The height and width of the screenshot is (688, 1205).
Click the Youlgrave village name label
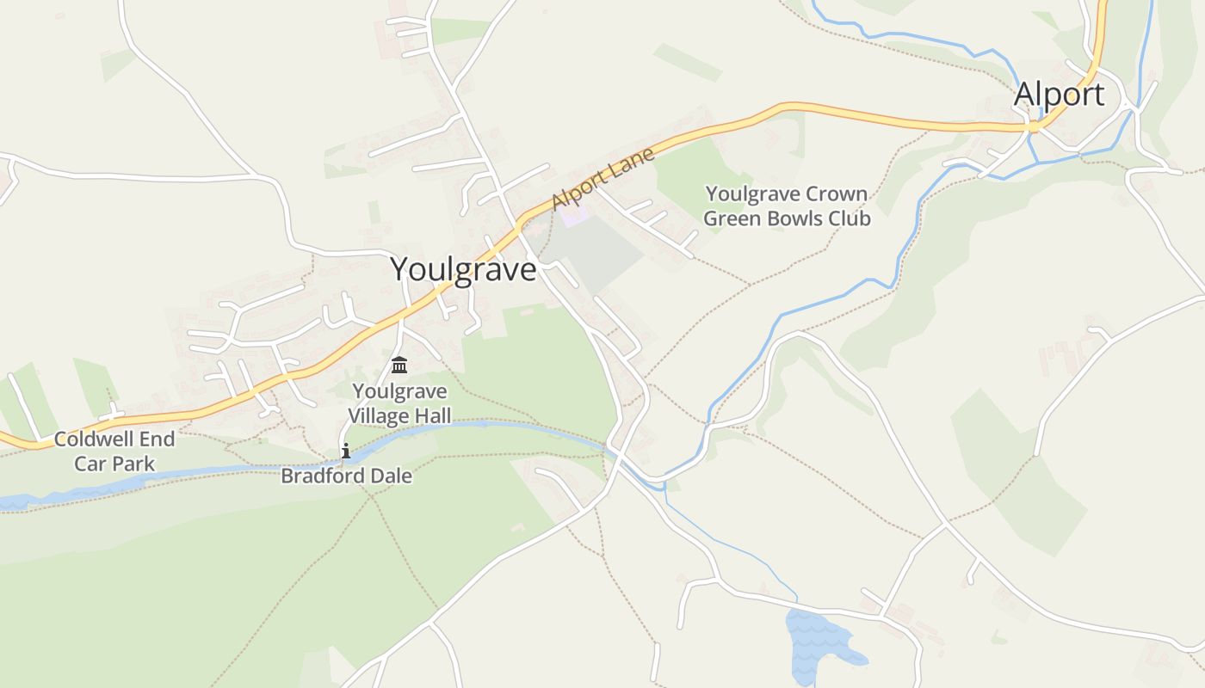coord(463,270)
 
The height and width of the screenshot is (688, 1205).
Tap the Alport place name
coord(1059,94)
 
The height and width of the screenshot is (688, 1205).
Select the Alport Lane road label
coord(603,178)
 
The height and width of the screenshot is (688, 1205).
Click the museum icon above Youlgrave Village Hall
coord(399,365)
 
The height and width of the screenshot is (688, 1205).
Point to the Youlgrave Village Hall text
coord(399,403)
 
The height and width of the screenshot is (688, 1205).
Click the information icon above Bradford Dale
coord(346,451)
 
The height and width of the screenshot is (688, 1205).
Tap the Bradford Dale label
coord(346,476)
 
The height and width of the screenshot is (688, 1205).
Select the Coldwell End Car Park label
coord(114,451)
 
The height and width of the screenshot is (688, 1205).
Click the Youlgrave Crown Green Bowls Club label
coord(787,206)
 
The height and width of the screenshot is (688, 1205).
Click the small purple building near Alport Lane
coord(574,215)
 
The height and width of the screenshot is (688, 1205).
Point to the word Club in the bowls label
coord(849,218)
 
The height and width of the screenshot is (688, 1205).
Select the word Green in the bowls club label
coord(733,218)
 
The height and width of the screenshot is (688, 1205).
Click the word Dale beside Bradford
coord(388,476)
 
